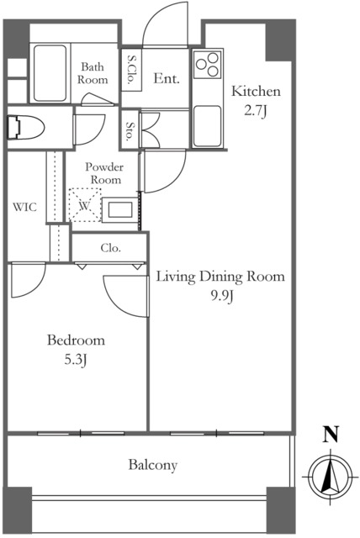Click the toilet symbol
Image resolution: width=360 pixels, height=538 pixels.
tap(26, 128)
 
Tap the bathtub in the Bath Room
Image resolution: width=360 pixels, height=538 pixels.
tap(50, 73)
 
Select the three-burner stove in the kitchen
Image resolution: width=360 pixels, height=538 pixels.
tap(207, 65)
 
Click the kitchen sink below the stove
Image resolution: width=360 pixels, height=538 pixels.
tap(207, 126)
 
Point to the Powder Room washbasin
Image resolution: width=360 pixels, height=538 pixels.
tap(120, 210)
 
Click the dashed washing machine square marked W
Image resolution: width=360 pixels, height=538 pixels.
tap(85, 205)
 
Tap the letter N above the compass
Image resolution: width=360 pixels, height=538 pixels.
tap(331, 434)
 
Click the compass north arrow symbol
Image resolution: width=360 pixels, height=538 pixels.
tap(331, 477)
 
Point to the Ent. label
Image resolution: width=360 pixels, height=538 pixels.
tap(166, 78)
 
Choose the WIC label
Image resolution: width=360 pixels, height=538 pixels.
tap(25, 208)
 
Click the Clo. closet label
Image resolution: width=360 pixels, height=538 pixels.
tap(110, 248)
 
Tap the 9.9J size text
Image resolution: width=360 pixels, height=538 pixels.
tap(221, 296)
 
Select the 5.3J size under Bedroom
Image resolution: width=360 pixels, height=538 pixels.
tap(75, 360)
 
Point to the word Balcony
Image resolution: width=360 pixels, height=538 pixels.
tap(153, 465)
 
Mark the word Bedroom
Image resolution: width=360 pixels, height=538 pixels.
tap(76, 340)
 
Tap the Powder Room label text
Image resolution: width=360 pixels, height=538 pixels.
tap(104, 173)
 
